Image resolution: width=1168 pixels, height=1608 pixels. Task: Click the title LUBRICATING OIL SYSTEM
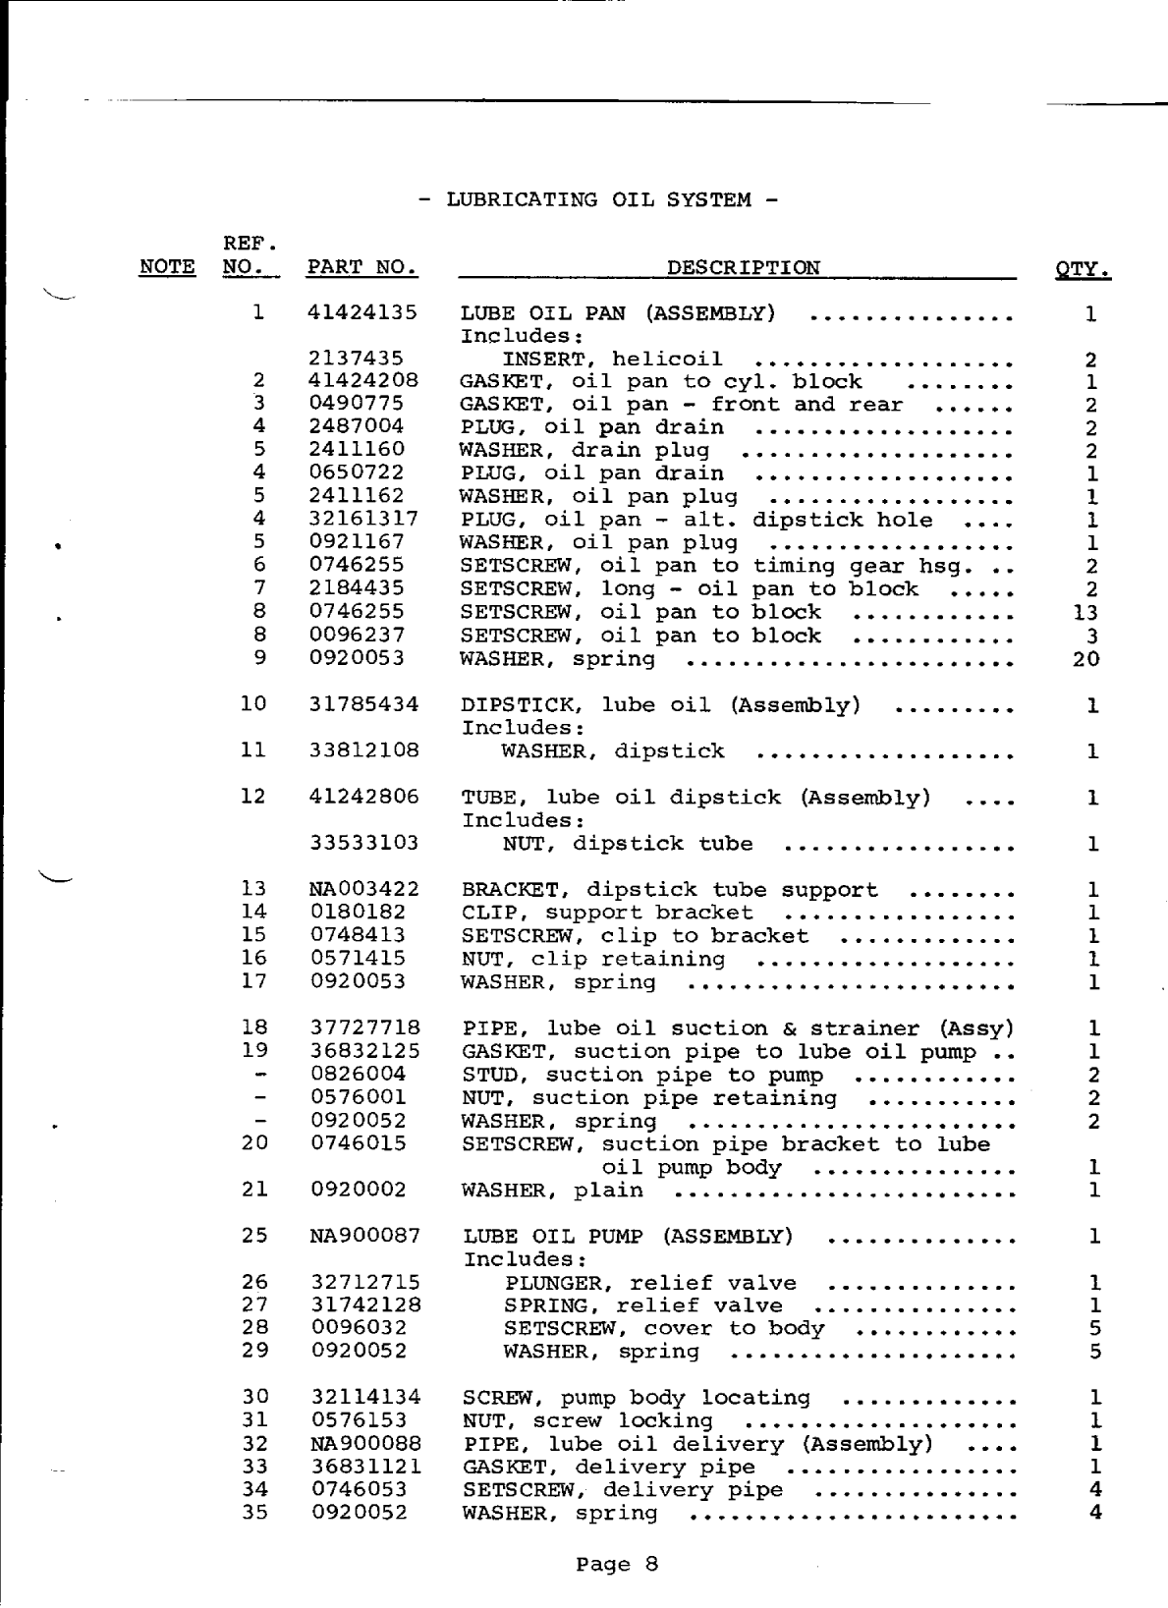point(598,200)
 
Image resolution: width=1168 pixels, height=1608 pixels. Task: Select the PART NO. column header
point(362,267)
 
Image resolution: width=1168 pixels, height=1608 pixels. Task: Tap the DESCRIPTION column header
point(743,267)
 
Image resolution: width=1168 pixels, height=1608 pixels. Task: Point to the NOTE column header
point(168,267)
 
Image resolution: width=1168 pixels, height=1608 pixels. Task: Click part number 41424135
point(362,313)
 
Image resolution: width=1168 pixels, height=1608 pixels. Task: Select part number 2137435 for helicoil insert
point(356,360)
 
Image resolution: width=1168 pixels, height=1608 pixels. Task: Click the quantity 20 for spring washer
point(1085,659)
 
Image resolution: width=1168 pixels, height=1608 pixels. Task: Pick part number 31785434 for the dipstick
point(363,704)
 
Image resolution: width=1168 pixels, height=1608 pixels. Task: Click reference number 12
point(253,797)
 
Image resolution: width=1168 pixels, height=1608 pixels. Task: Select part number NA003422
point(364,890)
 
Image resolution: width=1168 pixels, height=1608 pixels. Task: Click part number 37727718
point(364,1028)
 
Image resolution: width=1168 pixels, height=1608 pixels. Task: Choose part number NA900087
point(364,1236)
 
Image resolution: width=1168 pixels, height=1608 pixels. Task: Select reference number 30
point(254,1397)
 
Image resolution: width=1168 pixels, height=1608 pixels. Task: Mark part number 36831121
point(365,1467)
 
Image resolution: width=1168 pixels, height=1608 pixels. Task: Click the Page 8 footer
point(616,1564)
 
